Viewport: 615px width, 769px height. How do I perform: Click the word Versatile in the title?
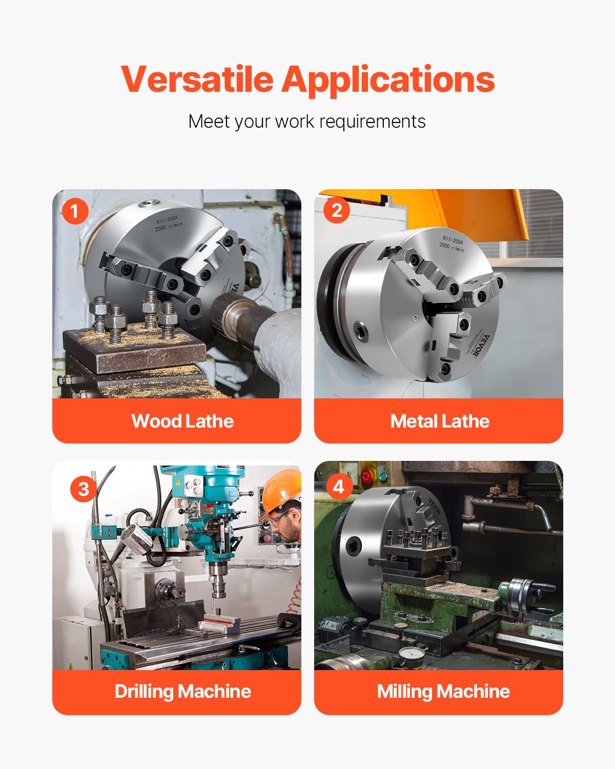[x=197, y=79]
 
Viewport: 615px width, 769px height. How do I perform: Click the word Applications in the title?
[x=388, y=79]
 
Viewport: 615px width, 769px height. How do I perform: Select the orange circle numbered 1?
[x=75, y=211]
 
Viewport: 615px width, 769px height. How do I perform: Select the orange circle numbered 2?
[x=337, y=210]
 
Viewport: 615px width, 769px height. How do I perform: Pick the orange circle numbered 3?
[x=83, y=489]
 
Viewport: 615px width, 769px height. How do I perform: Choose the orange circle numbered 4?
[x=339, y=486]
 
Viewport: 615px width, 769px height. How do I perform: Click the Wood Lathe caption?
[x=182, y=421]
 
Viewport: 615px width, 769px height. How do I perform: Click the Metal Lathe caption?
[x=440, y=421]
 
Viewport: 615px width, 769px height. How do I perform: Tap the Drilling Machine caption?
[x=182, y=691]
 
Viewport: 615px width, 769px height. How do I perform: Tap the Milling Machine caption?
[x=443, y=691]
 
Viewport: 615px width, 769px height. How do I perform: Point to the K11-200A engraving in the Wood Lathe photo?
[x=168, y=220]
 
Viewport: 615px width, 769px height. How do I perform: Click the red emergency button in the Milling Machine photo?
[x=366, y=476]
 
